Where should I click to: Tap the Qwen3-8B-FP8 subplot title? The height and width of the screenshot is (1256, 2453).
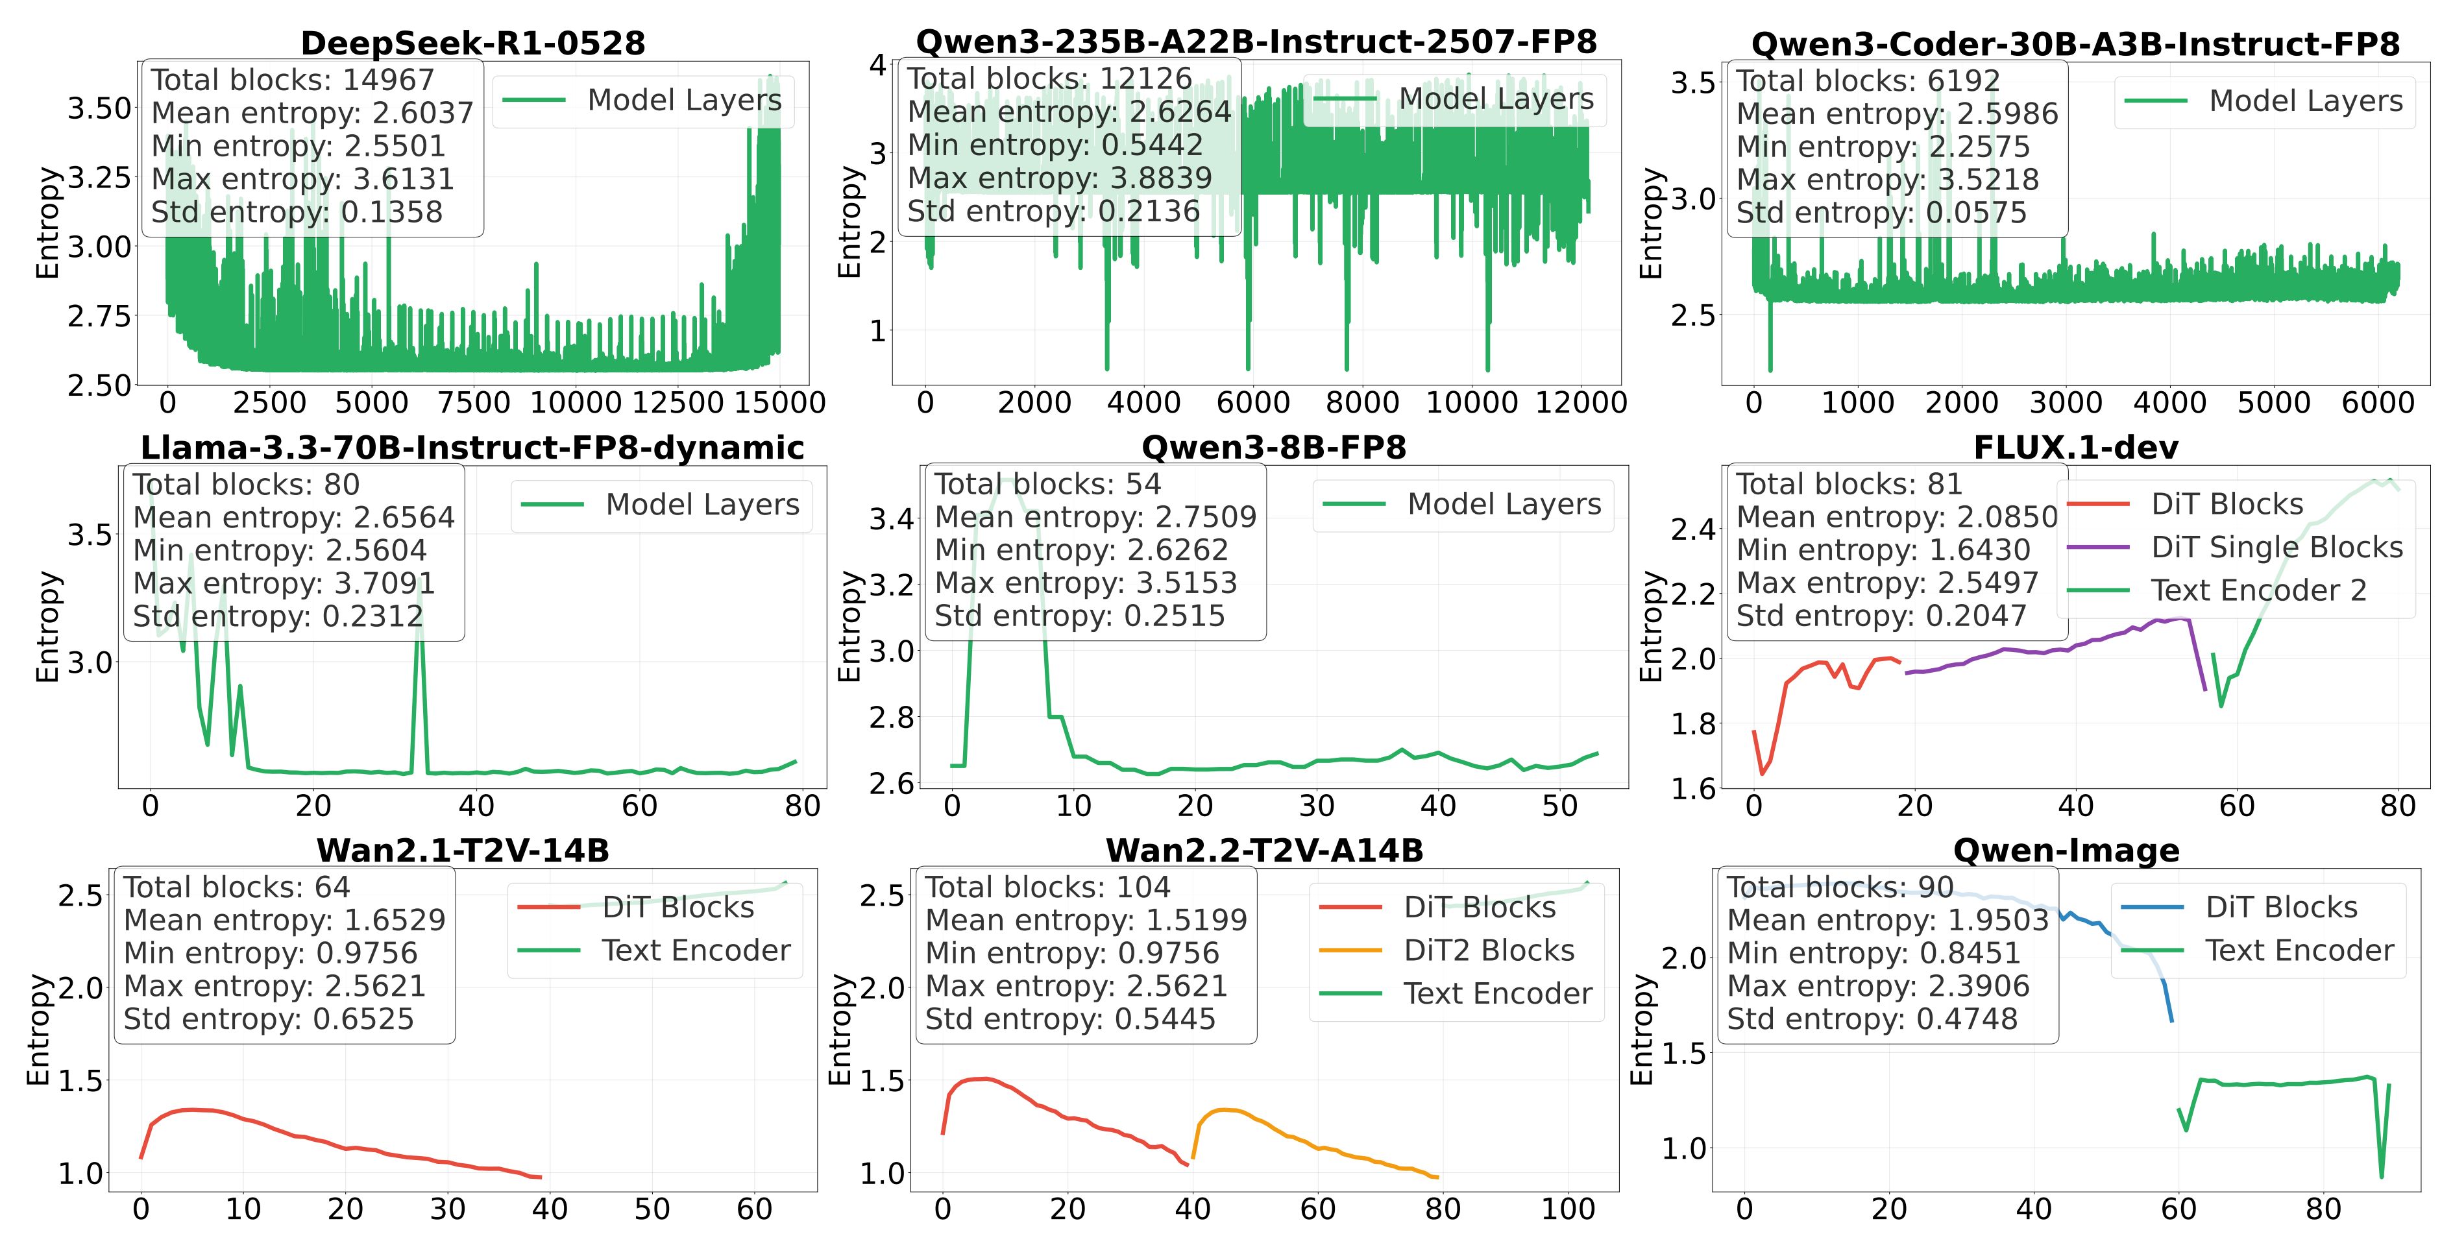click(x=1273, y=448)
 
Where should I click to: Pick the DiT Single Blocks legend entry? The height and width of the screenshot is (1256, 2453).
click(x=2276, y=548)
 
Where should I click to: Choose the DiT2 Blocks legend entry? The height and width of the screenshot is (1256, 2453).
click(x=1489, y=950)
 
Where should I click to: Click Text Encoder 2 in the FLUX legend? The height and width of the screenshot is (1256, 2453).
click(x=2258, y=590)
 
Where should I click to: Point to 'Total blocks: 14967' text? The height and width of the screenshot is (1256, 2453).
click(x=291, y=80)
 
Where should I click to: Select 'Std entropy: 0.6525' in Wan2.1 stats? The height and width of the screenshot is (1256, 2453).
click(x=269, y=1019)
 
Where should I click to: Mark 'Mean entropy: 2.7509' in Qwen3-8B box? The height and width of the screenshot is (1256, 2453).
click(x=1095, y=517)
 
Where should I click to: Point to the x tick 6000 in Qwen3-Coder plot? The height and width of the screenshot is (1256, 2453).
click(x=2377, y=403)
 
